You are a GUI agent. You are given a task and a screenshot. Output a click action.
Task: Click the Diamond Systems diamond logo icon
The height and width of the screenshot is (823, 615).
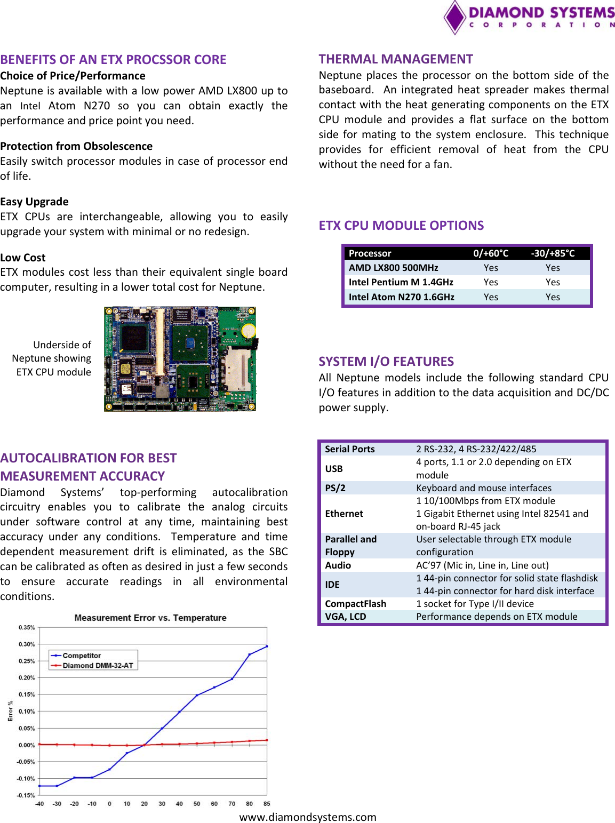click(455, 17)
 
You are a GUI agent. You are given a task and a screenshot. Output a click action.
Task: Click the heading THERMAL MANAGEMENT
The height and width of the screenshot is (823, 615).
click(396, 59)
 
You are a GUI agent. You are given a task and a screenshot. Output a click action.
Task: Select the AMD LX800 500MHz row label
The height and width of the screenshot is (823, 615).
click(393, 268)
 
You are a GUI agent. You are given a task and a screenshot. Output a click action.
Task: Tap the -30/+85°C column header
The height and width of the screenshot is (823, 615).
click(553, 253)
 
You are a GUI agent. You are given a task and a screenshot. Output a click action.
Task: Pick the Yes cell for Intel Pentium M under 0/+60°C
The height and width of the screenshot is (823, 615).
click(491, 282)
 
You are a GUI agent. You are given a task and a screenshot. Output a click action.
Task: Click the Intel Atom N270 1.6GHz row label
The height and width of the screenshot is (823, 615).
click(401, 297)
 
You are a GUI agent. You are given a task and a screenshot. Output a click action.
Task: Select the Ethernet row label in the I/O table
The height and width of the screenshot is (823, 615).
click(344, 514)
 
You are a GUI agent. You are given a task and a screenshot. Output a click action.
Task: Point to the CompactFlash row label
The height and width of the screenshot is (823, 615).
click(355, 604)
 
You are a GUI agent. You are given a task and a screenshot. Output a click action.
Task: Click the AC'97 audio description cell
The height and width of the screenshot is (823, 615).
click(482, 565)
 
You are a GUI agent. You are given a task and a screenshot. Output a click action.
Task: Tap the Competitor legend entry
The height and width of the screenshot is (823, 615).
click(81, 656)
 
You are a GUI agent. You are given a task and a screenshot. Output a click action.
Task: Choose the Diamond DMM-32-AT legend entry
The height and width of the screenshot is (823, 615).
click(98, 666)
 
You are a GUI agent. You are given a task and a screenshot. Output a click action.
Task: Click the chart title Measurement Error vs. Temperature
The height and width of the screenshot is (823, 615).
click(150, 618)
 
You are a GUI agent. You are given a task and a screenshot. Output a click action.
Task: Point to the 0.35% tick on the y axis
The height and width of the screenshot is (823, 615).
click(27, 628)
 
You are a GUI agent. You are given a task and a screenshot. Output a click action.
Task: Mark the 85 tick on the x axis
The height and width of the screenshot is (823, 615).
click(267, 804)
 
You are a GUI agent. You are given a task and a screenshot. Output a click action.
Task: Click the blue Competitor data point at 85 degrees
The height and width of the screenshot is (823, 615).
click(267, 646)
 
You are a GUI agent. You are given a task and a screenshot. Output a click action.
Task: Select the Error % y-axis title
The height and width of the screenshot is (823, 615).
click(10, 711)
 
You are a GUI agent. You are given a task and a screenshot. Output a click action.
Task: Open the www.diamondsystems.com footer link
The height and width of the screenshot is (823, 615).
click(308, 817)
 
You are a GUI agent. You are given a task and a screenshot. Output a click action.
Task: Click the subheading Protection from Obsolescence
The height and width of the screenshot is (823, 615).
click(76, 146)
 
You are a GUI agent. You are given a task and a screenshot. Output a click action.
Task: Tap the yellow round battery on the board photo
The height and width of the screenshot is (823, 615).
click(248, 331)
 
